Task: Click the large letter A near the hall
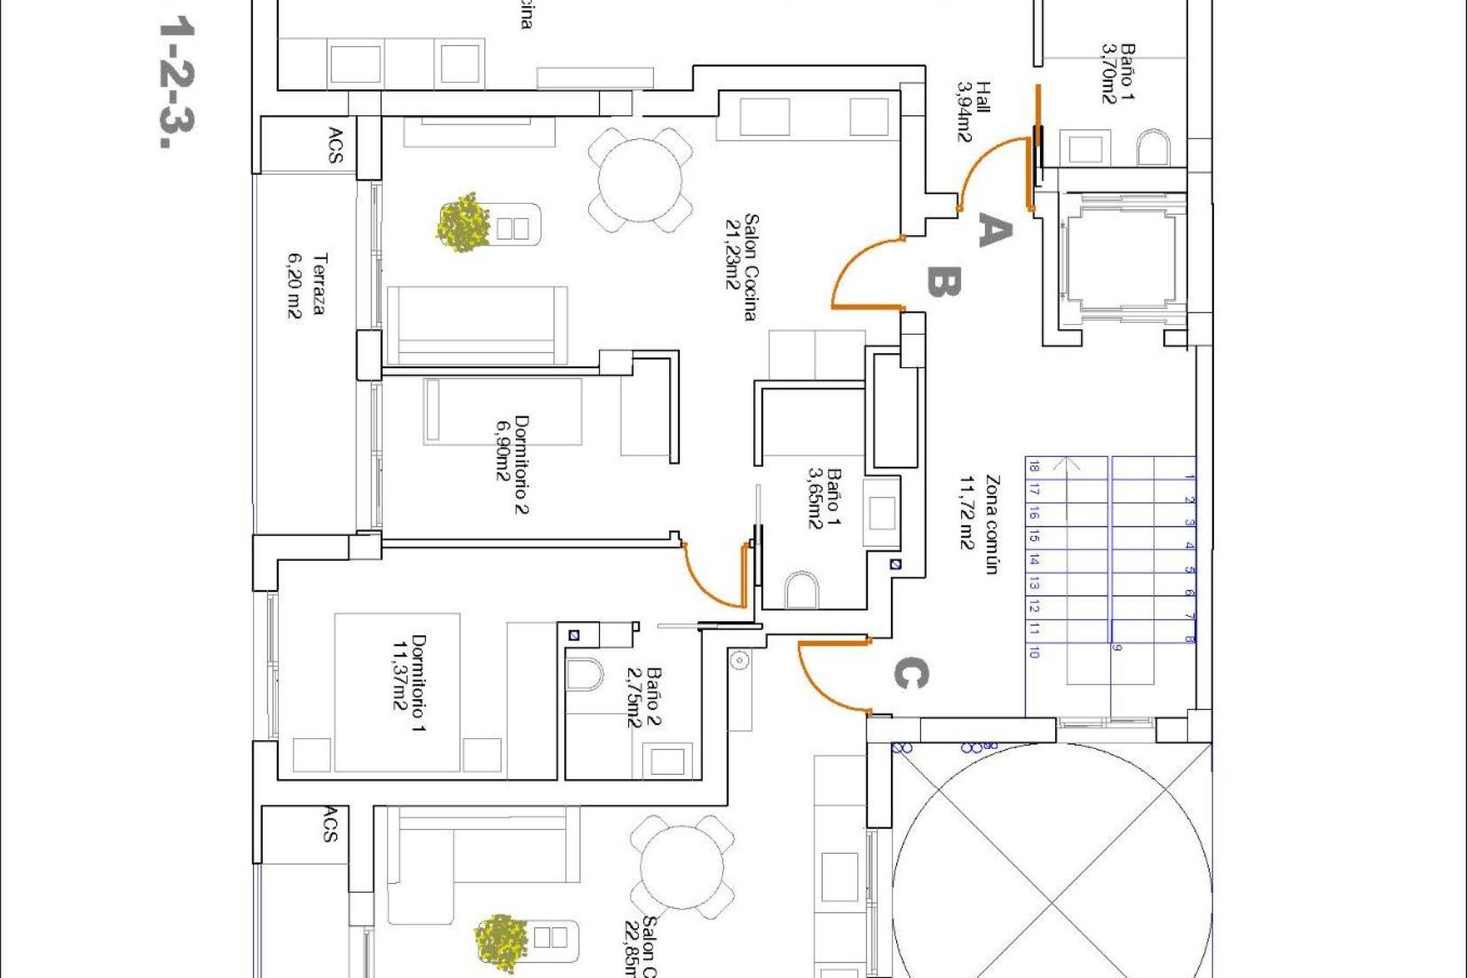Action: [995, 231]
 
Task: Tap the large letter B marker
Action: [944, 282]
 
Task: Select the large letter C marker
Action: [911, 674]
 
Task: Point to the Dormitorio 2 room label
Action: [512, 464]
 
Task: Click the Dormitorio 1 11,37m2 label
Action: [409, 682]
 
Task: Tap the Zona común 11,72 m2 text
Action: [980, 524]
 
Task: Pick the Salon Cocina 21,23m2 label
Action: [742, 267]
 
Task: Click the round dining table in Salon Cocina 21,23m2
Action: [640, 180]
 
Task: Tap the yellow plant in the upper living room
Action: [463, 223]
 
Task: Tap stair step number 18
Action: [1034, 466]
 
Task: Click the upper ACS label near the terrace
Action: [335, 144]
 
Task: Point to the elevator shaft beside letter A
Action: [1121, 260]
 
